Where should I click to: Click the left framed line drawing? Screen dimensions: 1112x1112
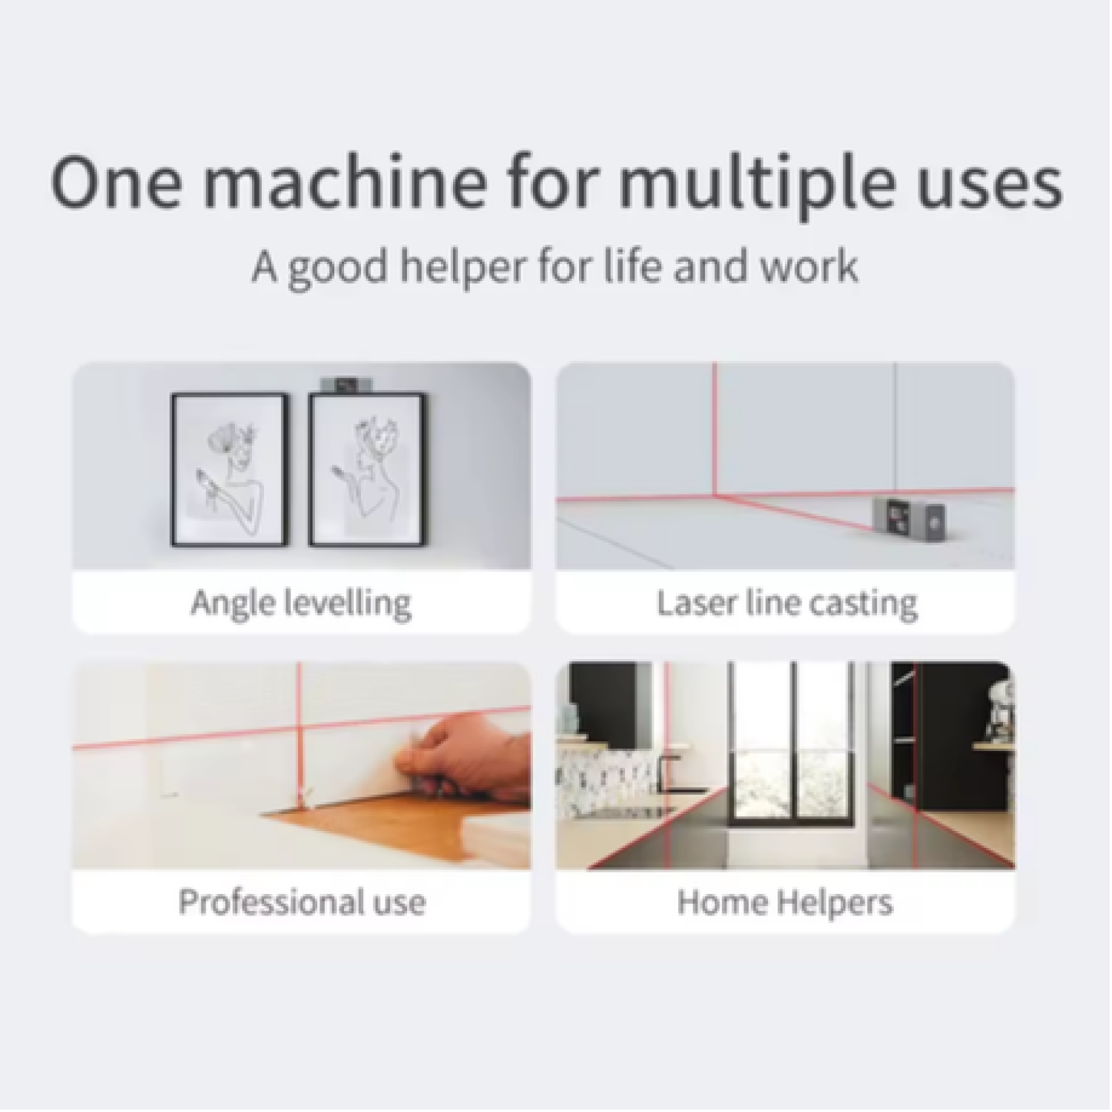[x=229, y=469]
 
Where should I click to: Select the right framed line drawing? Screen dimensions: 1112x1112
[x=367, y=469]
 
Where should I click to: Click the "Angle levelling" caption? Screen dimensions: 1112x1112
[x=301, y=603]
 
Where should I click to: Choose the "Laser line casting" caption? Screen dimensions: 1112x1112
[x=787, y=603]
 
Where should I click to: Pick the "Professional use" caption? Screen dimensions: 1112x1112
[x=302, y=902]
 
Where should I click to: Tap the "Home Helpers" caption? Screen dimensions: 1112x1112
[x=785, y=903]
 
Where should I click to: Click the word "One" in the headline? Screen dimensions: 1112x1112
[x=116, y=182]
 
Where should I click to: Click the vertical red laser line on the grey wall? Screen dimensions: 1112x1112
[x=716, y=428]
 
